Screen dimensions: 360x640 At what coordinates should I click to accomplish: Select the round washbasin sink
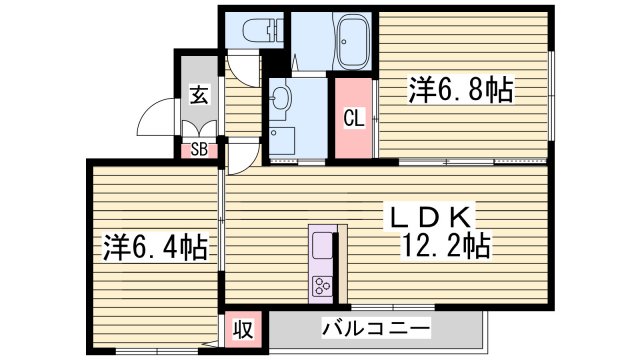[x=281, y=97]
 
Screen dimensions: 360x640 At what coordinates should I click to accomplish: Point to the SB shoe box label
[x=200, y=150]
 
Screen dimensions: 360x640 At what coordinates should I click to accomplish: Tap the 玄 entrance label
[x=200, y=97]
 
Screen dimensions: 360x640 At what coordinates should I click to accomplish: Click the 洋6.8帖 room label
[x=461, y=91]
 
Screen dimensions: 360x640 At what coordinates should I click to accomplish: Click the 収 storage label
[x=243, y=328]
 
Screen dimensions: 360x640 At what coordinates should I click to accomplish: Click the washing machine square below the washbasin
[x=282, y=141]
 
